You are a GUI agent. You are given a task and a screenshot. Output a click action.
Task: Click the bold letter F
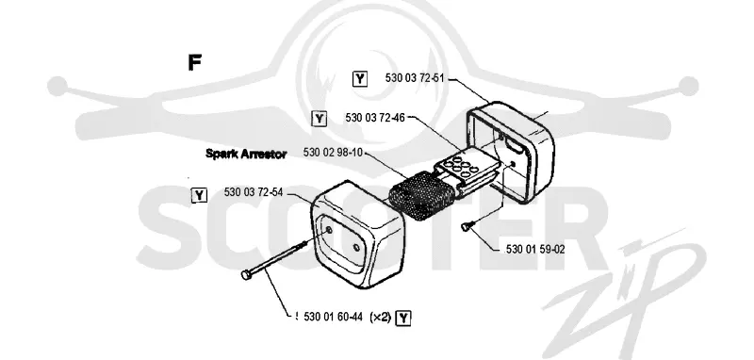pos(194,62)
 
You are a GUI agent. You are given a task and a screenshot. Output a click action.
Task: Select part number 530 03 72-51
pos(414,78)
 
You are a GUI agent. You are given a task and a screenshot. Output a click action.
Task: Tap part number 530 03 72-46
pos(375,117)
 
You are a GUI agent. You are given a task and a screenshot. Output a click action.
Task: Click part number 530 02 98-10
pos(333,153)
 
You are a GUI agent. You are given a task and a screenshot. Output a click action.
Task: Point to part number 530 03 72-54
pos(254,192)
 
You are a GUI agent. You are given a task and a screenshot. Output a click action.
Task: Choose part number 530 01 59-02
pos(535,250)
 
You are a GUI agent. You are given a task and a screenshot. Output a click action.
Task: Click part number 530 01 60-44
pos(333,317)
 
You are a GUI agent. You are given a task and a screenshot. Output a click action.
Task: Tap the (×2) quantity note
pos(380,317)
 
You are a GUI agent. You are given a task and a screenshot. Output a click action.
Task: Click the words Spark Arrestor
pos(246,154)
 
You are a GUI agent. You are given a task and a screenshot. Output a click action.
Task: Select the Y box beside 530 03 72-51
pos(360,78)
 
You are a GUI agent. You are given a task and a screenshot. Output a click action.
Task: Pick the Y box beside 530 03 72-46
pos(319,118)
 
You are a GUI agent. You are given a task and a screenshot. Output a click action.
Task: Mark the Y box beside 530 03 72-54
pos(199,195)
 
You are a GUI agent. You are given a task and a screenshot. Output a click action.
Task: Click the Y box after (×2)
pos(403,318)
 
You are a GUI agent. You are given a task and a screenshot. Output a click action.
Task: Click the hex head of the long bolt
pos(246,274)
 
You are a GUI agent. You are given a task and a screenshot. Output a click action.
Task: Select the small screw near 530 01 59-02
pos(467,225)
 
